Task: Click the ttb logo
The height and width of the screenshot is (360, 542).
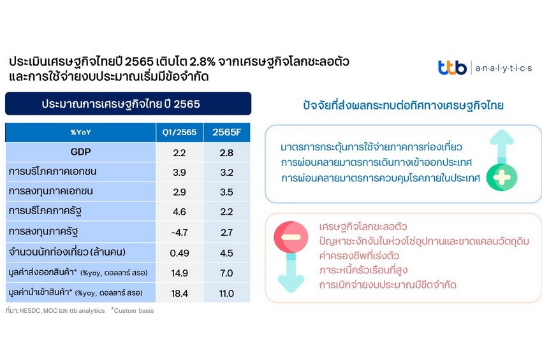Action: point(452,68)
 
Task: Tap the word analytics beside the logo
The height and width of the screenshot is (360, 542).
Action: point(504,68)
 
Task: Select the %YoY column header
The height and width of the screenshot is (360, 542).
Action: point(80,133)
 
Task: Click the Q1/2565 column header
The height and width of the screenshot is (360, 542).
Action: point(179,133)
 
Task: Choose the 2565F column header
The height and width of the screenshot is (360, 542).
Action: point(227,133)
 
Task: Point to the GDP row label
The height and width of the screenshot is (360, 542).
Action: point(80,152)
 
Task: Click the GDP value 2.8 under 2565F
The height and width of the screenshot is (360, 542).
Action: point(226,153)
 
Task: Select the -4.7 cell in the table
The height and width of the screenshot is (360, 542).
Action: point(179,233)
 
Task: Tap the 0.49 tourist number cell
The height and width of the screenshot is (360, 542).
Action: point(179,253)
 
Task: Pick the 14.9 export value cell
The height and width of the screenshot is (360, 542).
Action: point(179,273)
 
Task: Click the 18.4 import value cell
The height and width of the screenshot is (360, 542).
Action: point(179,294)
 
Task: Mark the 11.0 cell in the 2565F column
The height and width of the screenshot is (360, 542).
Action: point(226,294)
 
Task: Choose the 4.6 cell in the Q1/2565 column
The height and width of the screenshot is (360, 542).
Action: point(179,212)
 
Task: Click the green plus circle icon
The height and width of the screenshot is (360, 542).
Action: point(502,178)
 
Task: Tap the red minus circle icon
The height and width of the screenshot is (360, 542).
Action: point(291,237)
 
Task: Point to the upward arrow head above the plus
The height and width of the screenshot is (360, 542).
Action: point(502,137)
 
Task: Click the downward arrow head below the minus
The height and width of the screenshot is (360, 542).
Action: point(291,284)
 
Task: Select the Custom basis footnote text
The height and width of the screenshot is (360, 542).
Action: point(133,310)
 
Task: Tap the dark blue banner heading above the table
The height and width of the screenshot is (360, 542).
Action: point(128,104)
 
